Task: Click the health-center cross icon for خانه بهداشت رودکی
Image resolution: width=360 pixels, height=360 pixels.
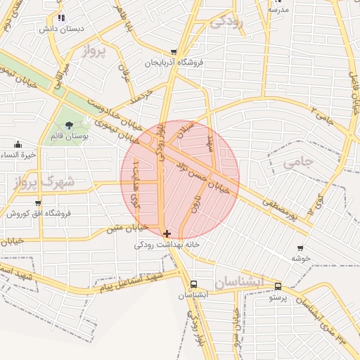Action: [x=166, y=233]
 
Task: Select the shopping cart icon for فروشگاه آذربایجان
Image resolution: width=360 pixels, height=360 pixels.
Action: [x=174, y=52]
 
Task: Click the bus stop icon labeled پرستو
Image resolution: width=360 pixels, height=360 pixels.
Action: [x=278, y=286]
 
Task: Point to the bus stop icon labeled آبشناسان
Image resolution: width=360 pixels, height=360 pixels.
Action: [x=193, y=285]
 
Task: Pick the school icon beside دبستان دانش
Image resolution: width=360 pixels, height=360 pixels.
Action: [x=62, y=18]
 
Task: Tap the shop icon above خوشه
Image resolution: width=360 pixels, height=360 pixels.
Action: [x=301, y=248]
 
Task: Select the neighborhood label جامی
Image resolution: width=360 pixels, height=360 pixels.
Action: [x=302, y=162]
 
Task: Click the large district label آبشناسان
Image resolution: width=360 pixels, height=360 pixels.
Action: [x=240, y=282]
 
